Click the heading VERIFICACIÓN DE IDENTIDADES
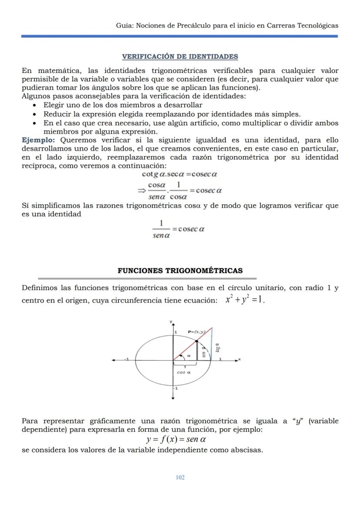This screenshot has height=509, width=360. point(180,57)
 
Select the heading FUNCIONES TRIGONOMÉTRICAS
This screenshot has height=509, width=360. point(180,270)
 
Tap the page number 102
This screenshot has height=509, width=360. point(180,477)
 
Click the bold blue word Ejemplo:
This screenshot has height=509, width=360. point(38,140)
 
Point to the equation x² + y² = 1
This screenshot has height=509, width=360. point(245,300)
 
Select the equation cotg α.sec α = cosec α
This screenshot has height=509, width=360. point(180,174)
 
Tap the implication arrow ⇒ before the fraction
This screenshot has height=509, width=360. point(141,190)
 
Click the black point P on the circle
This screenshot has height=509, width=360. point(197,341)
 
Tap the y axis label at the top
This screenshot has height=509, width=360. point(171,321)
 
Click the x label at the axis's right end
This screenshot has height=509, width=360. point(239,359)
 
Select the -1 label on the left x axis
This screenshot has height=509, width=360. point(127,359)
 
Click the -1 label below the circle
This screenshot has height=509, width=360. point(175,388)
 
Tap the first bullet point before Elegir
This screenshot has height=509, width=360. point(34,106)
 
